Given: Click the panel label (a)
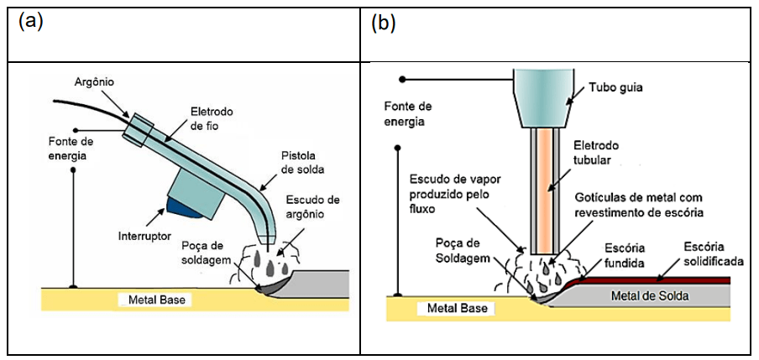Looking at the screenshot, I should (30, 22).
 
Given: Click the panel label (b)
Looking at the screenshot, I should (383, 22).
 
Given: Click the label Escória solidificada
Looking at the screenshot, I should (713, 254).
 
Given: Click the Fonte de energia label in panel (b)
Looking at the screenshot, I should (407, 113).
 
